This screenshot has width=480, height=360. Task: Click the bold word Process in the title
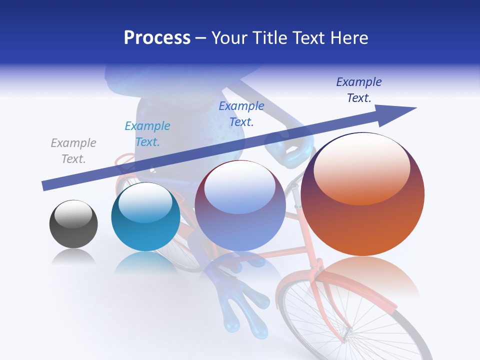click(x=157, y=38)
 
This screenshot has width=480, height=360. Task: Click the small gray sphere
click(x=73, y=230)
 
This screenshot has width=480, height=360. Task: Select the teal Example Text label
click(x=147, y=134)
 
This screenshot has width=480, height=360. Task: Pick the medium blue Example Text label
click(x=241, y=114)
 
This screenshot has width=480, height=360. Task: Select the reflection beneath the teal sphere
click(x=145, y=262)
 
